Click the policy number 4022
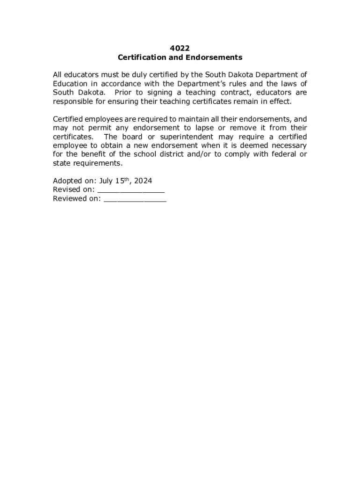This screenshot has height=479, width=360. coord(180,48)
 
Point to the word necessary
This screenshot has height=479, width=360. coord(288,145)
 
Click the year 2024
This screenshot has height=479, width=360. coord(142,181)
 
